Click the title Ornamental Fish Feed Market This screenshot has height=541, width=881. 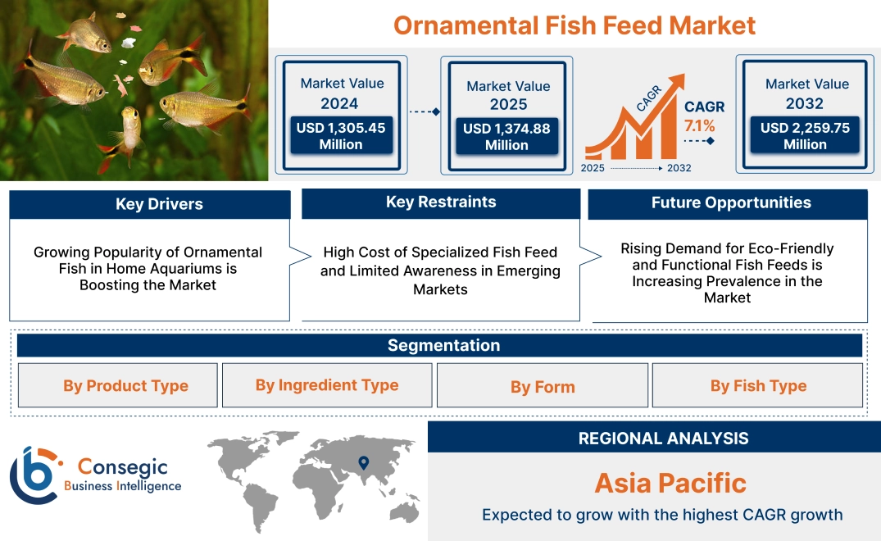574,25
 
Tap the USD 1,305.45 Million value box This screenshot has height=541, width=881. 341,136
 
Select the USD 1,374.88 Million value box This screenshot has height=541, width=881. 506,137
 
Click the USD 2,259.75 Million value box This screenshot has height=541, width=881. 805,136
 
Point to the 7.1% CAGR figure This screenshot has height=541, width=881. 699,126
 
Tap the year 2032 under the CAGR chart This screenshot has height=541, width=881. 679,168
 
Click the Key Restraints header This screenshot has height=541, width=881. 441,202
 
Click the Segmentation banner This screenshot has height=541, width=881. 443,345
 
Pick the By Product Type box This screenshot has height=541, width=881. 125,386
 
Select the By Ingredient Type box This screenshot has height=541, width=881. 327,385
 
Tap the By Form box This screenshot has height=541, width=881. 543,387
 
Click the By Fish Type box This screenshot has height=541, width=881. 758,386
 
